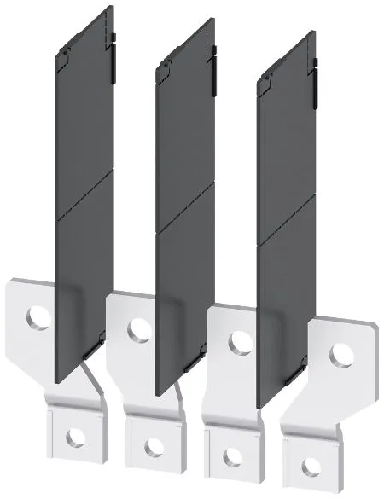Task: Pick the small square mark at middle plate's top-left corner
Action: point(161,75)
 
